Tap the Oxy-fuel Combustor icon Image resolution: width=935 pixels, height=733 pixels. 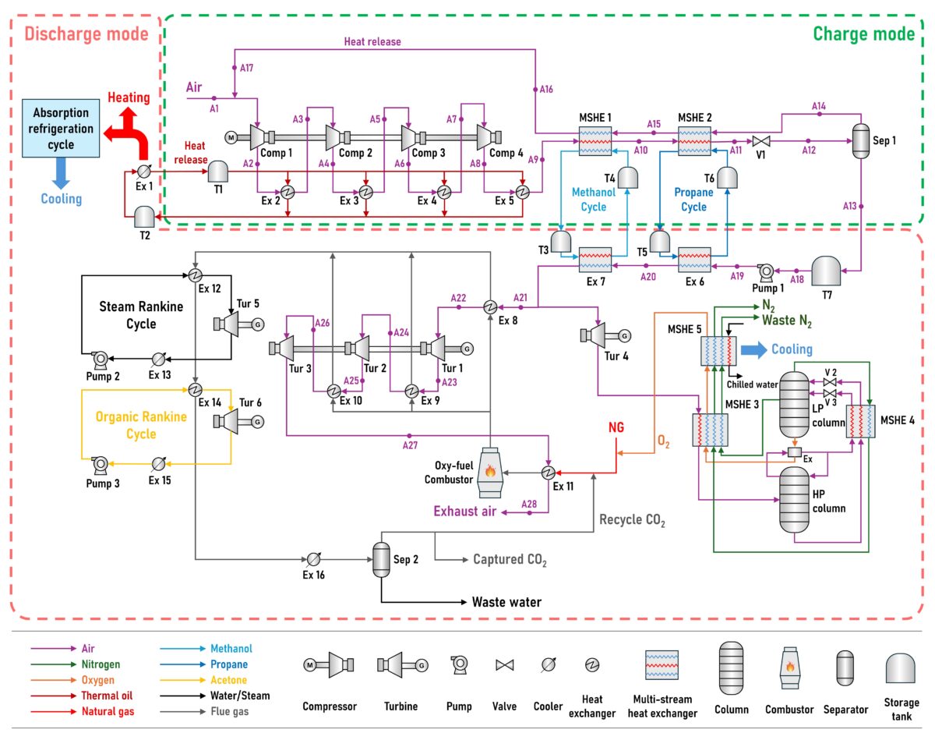point(490,473)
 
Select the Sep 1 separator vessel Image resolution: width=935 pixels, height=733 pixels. point(860,141)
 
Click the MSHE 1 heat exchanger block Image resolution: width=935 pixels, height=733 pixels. point(595,141)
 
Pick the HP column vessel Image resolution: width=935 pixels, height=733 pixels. point(796,499)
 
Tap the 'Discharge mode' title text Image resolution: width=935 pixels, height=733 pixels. point(86,34)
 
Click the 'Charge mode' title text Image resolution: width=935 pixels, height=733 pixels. point(863,34)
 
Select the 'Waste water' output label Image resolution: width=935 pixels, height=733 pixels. point(506,602)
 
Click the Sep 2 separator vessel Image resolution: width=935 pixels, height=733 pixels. point(381,559)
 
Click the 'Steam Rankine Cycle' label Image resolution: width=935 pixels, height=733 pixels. point(142,315)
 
